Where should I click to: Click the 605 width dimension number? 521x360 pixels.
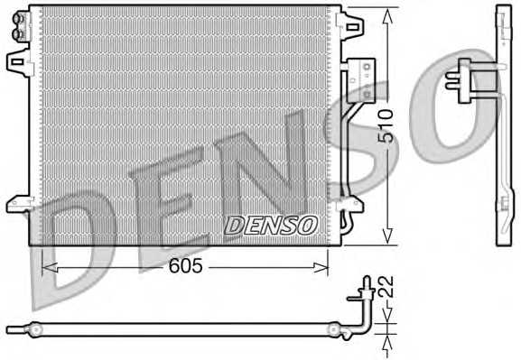coord(186,266)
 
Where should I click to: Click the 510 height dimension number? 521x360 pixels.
coord(386,124)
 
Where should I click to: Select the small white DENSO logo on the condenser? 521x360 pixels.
coord(270,223)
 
